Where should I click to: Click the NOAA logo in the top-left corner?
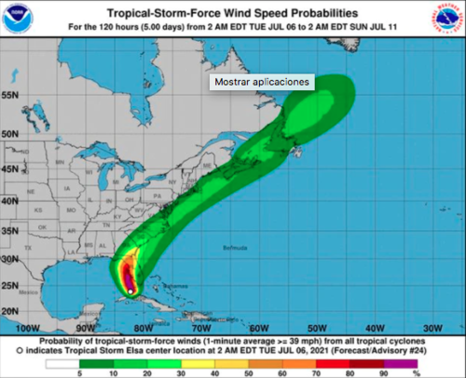(16, 19)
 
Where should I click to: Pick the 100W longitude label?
(29, 328)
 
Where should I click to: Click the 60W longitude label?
(260, 328)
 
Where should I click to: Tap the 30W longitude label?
(432, 328)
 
